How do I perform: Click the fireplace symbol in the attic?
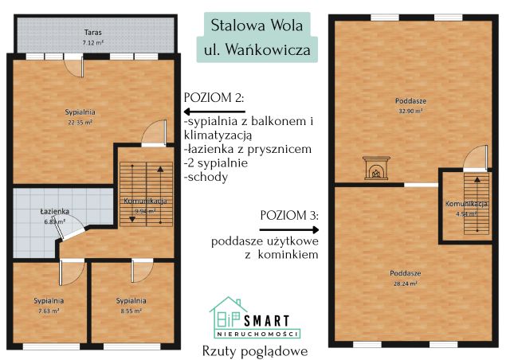[x=374, y=169]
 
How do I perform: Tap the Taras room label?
[x=92, y=33]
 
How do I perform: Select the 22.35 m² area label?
[x=80, y=123]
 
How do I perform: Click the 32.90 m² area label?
[x=410, y=112]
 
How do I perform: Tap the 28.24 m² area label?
[x=407, y=283]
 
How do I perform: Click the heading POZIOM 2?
[x=214, y=97]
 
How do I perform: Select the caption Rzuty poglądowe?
[x=254, y=350]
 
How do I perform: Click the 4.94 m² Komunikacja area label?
[x=461, y=213]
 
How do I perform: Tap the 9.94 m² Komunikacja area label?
[x=144, y=212]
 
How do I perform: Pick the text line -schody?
[x=206, y=177]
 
